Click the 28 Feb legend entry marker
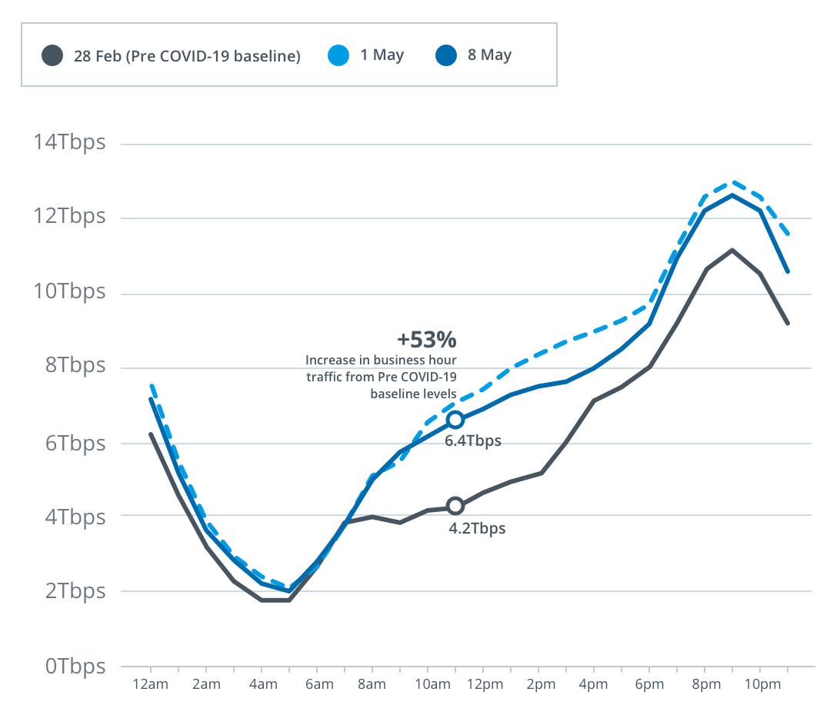point(52,55)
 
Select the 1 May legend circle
point(339,55)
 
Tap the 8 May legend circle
point(447,55)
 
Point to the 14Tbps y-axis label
point(69,143)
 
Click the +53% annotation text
point(427,340)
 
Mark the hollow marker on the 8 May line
point(455,420)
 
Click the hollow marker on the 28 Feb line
point(455,506)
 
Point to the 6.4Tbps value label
point(473,441)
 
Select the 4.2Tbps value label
point(477,529)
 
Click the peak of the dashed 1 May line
point(733,182)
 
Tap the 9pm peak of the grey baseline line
point(732,250)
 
